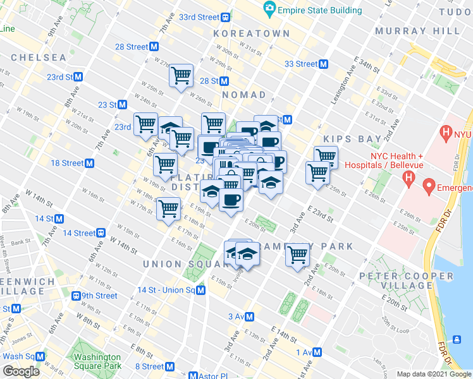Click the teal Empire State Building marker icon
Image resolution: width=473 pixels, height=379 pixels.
270,9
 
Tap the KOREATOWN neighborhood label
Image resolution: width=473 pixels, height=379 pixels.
251,33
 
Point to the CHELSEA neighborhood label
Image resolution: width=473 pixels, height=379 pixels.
38,57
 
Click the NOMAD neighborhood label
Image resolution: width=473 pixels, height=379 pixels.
244,95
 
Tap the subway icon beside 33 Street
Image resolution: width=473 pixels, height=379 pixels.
323,64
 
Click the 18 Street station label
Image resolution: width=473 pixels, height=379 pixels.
67,163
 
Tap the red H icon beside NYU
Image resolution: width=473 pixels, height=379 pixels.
448,133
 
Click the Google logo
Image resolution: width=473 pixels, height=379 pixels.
21,371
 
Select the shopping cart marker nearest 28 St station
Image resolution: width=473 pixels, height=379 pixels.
181,76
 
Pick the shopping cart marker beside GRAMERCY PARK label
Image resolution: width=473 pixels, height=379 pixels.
297,255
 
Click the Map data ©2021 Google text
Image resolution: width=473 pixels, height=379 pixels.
434,374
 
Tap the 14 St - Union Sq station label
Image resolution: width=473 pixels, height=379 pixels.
166,290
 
